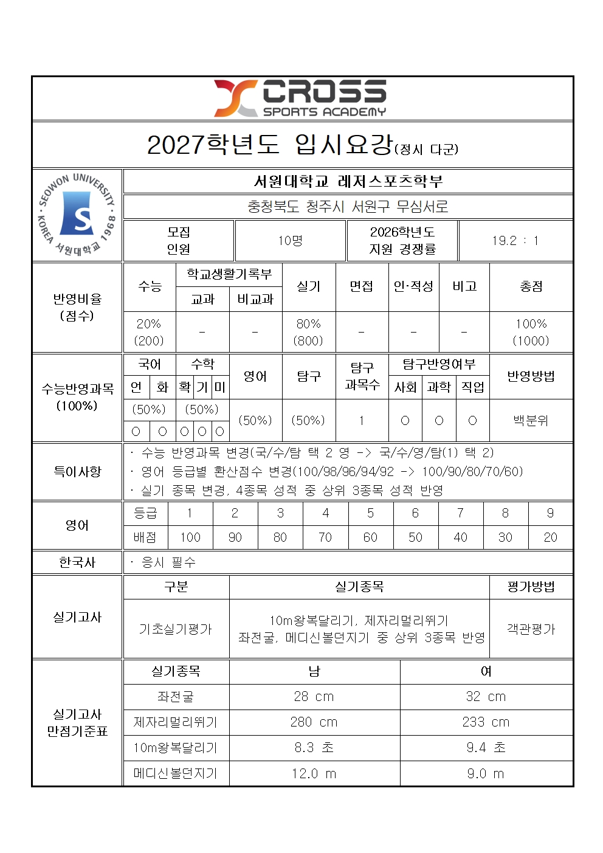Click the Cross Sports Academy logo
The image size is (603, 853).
(300, 98)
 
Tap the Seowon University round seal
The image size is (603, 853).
(77, 215)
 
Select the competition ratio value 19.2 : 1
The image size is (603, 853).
(515, 241)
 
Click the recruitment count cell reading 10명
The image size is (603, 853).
(291, 241)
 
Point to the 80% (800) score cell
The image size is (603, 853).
(308, 332)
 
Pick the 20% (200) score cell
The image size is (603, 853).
(149, 332)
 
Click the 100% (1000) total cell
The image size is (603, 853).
(531, 332)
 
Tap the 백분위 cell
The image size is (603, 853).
(531, 420)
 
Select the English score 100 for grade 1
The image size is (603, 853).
(190, 537)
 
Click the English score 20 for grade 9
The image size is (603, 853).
(550, 537)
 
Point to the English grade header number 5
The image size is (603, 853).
(370, 513)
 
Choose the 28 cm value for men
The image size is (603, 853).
(314, 697)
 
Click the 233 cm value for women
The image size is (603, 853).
(486, 722)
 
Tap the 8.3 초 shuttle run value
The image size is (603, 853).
(314, 748)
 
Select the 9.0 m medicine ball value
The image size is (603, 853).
(486, 773)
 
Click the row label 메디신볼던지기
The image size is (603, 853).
(176, 773)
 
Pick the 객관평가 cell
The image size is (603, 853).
(531, 629)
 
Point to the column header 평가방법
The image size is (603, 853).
(531, 587)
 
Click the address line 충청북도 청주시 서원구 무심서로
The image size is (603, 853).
(348, 207)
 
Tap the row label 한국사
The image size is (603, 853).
(77, 562)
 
